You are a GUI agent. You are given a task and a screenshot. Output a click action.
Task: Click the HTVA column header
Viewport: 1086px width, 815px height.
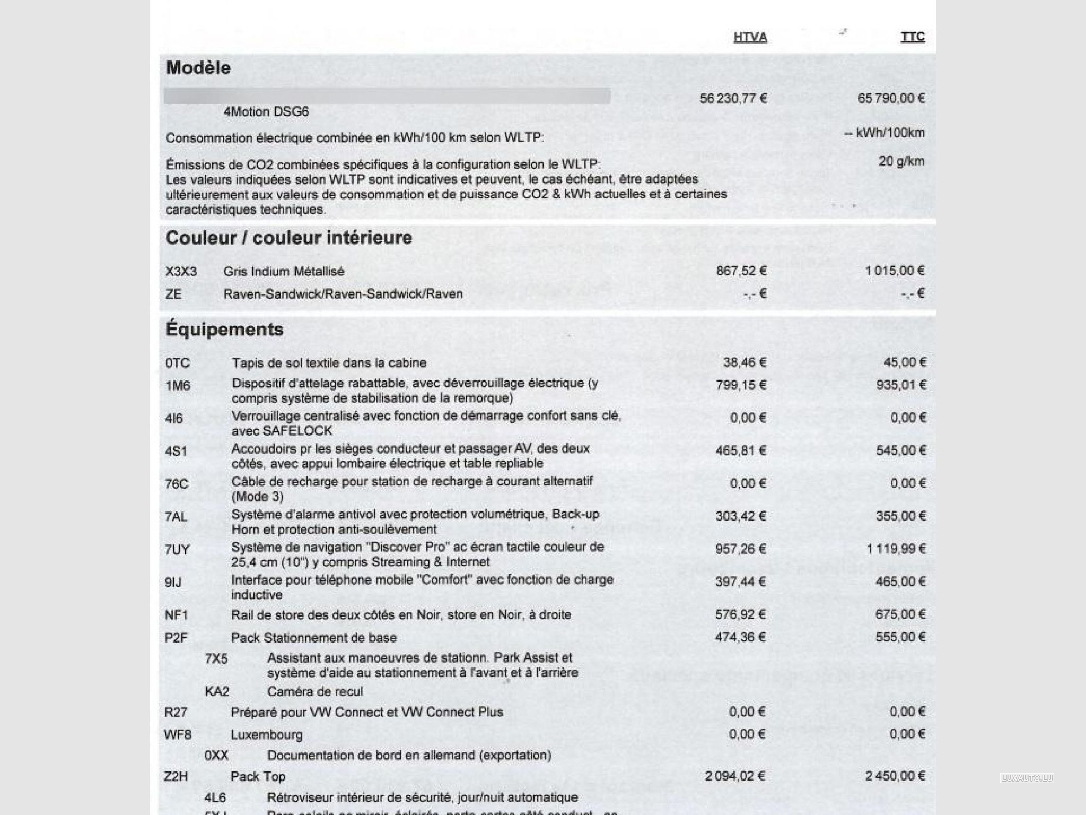[750, 37]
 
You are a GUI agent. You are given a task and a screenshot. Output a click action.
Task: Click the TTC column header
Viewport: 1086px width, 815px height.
[913, 37]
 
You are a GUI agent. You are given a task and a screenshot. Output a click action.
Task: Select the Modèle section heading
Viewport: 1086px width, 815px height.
[198, 68]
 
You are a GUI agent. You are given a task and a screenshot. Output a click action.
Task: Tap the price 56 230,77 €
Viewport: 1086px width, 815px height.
[733, 98]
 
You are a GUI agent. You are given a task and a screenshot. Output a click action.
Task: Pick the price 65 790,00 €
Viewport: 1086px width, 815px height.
[891, 98]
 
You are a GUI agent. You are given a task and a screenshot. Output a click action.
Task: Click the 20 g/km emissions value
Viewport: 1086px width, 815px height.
[901, 161]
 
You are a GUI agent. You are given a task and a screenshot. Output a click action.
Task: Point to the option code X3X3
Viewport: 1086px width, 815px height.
[181, 272]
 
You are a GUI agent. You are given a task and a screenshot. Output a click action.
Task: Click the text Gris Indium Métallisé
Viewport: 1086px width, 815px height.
[284, 271]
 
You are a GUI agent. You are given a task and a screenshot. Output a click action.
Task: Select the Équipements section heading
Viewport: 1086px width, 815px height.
[224, 330]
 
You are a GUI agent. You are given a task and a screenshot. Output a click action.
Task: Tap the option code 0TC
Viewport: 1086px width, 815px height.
[177, 363]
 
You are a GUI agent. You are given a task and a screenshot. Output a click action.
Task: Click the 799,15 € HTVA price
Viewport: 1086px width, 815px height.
[741, 385]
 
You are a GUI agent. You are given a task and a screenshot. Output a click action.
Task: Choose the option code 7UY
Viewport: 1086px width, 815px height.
[177, 550]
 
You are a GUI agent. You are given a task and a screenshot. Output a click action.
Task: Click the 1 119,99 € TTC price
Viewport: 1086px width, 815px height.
[896, 549]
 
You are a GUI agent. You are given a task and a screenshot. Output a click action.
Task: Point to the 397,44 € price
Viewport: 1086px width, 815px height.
[740, 582]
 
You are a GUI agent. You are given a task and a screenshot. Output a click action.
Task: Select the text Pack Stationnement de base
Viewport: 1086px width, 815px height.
[314, 637]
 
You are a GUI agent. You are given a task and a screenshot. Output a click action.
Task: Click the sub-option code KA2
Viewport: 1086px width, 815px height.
[217, 691]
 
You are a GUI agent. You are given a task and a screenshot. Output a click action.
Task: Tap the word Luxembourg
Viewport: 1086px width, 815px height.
[267, 735]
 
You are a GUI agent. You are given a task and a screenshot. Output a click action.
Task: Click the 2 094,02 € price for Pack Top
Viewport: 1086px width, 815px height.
[735, 776]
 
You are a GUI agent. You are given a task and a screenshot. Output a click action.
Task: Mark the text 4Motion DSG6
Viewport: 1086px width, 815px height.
[266, 112]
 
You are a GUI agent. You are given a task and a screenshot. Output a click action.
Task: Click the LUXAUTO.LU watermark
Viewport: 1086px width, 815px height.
[1027, 778]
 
